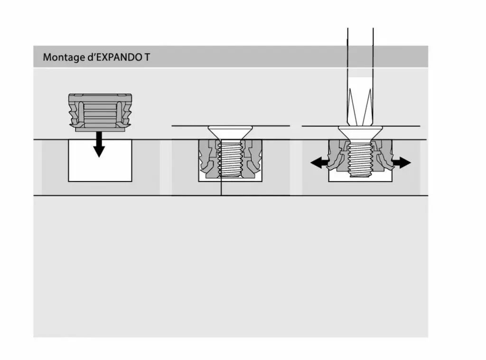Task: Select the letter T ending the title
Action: (147, 57)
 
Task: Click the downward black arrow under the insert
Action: (99, 144)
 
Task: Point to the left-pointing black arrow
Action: (319, 162)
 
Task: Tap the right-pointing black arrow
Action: (402, 162)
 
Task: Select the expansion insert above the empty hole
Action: (100, 113)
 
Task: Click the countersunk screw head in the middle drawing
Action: (230, 133)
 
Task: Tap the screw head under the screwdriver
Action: (361, 133)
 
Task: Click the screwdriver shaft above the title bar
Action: (361, 37)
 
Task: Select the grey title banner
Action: (231, 57)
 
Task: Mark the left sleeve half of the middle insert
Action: (209, 158)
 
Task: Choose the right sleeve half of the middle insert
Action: (252, 158)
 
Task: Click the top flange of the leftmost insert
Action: (100, 97)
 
